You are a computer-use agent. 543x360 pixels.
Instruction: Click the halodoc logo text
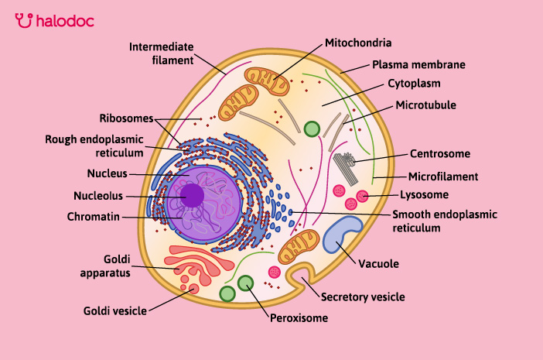pyautogui.click(x=63, y=20)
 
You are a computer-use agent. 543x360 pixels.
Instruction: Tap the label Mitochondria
pyautogui.click(x=358, y=43)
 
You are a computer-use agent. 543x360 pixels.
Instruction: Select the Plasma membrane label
pyautogui.click(x=418, y=65)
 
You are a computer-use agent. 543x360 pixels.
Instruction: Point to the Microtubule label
pyautogui.click(x=425, y=105)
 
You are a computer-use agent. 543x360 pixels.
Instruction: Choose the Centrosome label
pyautogui.click(x=440, y=153)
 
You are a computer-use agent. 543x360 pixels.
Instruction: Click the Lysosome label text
pyautogui.click(x=424, y=194)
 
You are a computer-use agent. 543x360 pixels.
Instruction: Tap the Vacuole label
pyautogui.click(x=378, y=264)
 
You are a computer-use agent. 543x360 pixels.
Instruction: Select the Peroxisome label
pyautogui.click(x=299, y=317)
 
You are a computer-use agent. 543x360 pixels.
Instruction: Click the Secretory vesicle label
pyautogui.click(x=363, y=297)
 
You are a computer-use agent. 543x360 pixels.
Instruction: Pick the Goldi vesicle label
pyautogui.click(x=115, y=311)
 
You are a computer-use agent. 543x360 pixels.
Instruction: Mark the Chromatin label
pyautogui.click(x=93, y=217)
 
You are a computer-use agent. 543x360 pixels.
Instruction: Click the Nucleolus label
pyautogui.click(x=97, y=195)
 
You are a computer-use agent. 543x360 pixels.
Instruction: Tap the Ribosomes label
pyautogui.click(x=126, y=118)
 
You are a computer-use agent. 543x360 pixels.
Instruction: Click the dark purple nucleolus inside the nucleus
pyautogui.click(x=192, y=194)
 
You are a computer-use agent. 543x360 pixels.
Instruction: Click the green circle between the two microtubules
pyautogui.click(x=312, y=129)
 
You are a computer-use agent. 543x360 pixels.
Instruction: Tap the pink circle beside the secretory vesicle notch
pyautogui.click(x=275, y=273)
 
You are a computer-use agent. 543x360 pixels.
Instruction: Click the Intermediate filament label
pyautogui.click(x=160, y=52)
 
